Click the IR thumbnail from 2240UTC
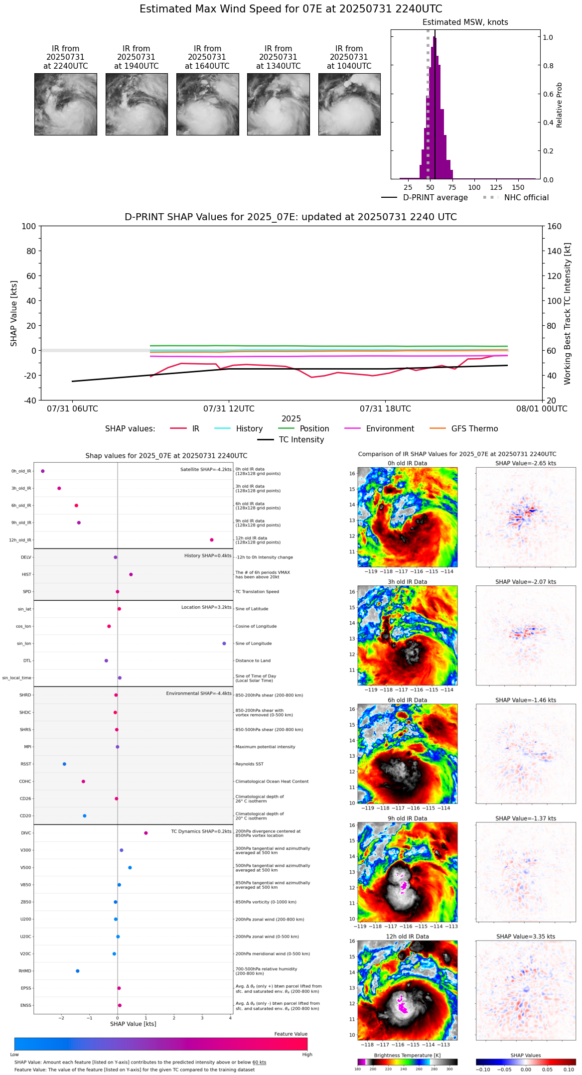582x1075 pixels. coord(65,104)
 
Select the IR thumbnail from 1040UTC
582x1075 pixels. coord(349,104)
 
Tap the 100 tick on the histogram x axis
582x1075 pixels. coord(474,187)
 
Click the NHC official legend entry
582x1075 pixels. coord(526,198)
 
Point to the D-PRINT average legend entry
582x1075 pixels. coord(435,198)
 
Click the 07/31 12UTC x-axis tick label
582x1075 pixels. coord(229,409)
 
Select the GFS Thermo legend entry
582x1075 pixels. coord(474,429)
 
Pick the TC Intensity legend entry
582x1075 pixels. coord(301,440)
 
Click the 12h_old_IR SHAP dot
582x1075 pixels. coord(212,540)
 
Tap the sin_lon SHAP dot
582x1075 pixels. coord(224,644)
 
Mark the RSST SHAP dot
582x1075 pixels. coord(64,764)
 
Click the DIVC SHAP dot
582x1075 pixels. coord(146,833)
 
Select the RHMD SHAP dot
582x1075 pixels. coord(77,971)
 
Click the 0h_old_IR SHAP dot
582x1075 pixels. coord(43,471)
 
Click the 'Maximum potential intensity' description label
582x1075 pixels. coord(265,747)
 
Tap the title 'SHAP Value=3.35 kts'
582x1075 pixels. coord(526,937)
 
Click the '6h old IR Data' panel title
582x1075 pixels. coord(407,700)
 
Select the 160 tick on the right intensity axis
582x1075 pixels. coord(555,226)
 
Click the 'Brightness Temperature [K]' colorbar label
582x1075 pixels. coord(407,1055)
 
